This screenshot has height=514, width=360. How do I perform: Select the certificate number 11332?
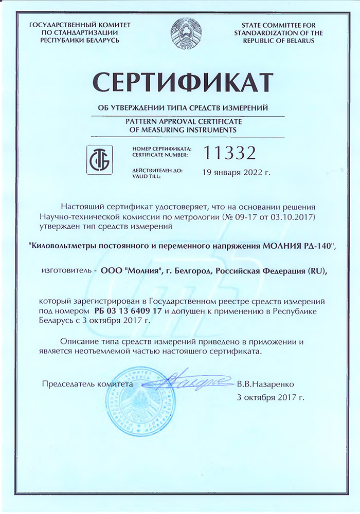[x=230, y=152]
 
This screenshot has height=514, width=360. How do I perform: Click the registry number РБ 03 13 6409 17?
[x=129, y=311]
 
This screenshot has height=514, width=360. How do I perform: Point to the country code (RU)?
[x=314, y=270]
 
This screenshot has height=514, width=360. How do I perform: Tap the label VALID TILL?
[x=146, y=176]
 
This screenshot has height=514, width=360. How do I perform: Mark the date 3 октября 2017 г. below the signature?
[x=271, y=397]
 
